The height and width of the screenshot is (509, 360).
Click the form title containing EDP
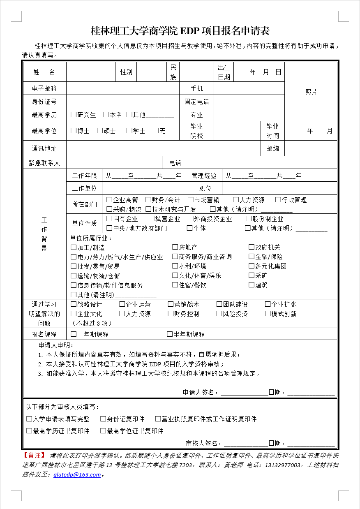(180, 31)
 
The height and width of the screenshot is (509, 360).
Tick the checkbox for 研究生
(74, 115)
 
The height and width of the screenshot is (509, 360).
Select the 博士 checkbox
(74, 131)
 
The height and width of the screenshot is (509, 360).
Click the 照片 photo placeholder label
(311, 92)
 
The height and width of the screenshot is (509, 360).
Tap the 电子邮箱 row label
(44, 88)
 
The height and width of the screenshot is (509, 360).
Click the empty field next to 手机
(249, 88)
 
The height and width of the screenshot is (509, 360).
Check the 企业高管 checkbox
(109, 200)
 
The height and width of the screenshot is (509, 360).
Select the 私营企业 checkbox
(152, 219)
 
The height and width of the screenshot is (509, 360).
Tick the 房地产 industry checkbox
(175, 247)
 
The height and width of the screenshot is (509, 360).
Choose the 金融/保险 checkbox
(252, 257)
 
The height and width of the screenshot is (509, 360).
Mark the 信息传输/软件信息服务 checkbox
(74, 285)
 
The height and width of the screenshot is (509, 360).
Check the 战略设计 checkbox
(74, 304)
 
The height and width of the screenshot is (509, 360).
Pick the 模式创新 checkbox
(268, 314)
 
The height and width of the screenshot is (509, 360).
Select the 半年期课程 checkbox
(170, 334)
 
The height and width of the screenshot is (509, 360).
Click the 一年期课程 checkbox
(74, 334)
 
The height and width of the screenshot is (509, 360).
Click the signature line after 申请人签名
(244, 393)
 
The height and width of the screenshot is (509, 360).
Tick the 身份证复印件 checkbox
(103, 419)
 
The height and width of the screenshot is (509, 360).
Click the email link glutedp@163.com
(77, 474)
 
